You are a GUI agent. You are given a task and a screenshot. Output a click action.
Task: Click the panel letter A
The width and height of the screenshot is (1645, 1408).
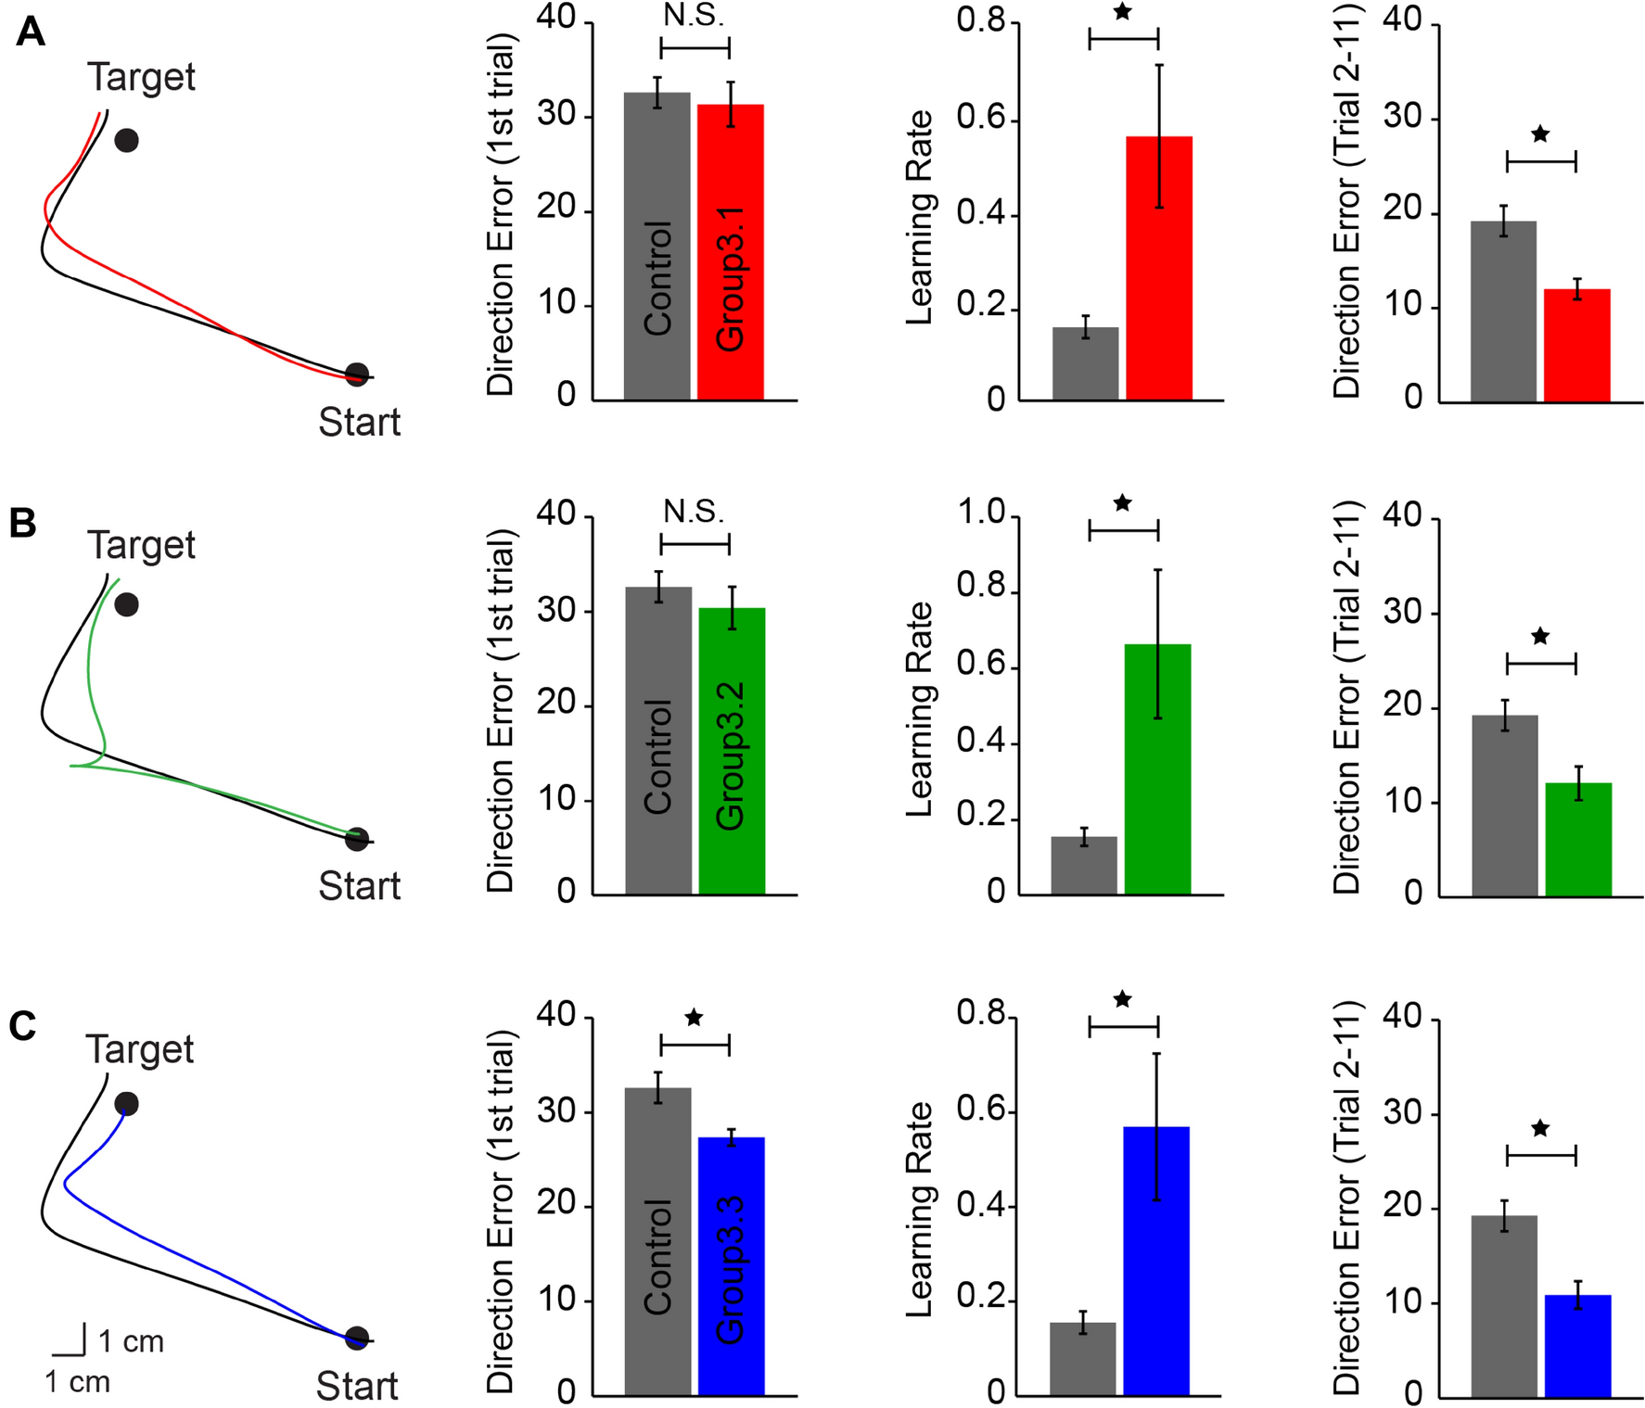coord(30,32)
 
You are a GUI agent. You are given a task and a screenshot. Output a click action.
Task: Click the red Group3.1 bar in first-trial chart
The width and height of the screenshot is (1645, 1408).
coord(730,252)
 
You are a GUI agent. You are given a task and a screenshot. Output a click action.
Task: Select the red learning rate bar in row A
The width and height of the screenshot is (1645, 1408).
coord(1158,269)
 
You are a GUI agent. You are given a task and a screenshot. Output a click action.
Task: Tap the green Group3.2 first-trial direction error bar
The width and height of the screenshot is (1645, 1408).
coord(732,751)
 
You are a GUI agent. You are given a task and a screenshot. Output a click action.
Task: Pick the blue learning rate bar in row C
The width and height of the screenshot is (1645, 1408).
coord(1155,1261)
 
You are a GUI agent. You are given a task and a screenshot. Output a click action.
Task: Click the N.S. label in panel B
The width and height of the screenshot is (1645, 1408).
coord(694,511)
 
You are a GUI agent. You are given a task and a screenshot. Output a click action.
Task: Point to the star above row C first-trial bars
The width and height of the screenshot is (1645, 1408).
coord(694,1018)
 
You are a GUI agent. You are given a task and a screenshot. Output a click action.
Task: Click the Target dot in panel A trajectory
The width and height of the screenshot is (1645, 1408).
coord(127,141)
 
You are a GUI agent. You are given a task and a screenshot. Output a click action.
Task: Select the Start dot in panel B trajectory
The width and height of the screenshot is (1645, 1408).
coord(356,840)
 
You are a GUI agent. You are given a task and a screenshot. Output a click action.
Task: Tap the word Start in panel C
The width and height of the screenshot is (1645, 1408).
coord(357,1386)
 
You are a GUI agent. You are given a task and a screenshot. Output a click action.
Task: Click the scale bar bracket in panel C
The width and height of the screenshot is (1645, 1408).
coord(70,1341)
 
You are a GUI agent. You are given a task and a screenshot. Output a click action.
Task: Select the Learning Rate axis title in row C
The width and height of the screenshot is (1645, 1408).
coord(918,1209)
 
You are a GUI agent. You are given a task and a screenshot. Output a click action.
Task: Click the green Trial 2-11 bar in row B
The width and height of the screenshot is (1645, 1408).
coord(1578,840)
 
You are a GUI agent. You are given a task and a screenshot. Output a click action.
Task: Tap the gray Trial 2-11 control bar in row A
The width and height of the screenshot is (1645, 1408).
coord(1503,311)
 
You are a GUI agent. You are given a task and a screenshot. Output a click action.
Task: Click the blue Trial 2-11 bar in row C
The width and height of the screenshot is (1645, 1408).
coord(1577,1345)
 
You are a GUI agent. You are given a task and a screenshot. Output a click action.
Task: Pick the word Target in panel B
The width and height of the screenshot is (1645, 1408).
coord(141,545)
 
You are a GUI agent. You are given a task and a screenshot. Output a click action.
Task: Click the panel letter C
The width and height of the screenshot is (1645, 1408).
coord(22,1026)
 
